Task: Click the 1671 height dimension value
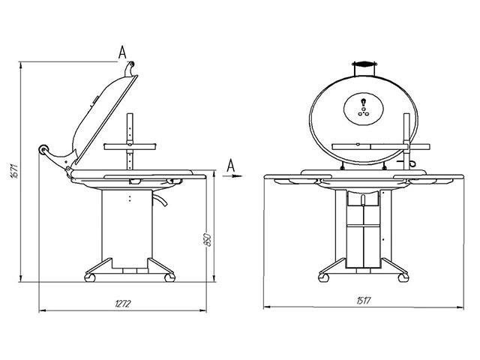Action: pos(14,172)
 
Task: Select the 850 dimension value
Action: pos(207,240)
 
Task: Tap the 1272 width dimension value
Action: pos(123,304)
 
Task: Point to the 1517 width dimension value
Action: pos(364,301)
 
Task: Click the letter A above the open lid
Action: pos(122,52)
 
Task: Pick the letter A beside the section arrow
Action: pos(230,166)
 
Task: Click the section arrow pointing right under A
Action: pos(232,176)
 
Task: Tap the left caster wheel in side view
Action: pos(90,277)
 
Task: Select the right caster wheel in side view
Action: pos(169,277)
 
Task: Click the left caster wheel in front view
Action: pos(323,277)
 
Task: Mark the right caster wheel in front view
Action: pos(403,277)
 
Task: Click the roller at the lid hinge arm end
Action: pos(43,149)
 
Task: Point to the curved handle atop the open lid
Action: pos(129,69)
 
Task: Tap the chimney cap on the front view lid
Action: pos(364,64)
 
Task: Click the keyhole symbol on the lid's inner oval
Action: pos(363,102)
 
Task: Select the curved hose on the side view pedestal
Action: pos(160,199)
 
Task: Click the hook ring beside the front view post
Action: pos(412,163)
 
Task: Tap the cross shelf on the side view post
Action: pos(130,147)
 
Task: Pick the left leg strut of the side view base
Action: pos(99,266)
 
